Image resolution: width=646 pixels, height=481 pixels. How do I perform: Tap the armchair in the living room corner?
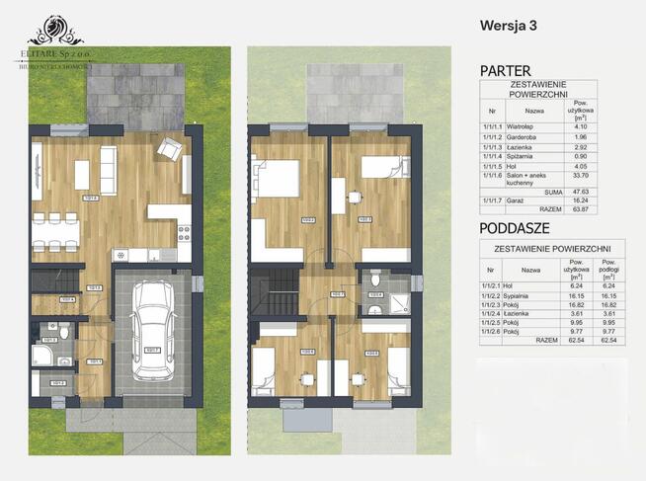click(x=170, y=149)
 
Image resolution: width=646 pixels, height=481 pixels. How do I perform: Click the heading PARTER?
click(x=505, y=71)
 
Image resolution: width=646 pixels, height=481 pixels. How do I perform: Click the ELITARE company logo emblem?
click(x=51, y=28)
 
